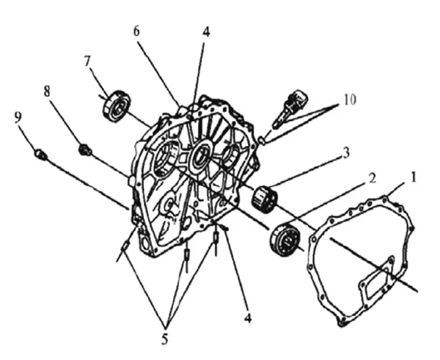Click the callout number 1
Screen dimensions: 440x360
[x=413, y=177]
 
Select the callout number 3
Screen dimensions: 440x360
[x=346, y=153]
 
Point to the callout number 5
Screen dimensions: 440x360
[x=165, y=339]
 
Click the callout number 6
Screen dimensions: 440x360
[x=136, y=31]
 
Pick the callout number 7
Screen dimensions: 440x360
[x=87, y=62]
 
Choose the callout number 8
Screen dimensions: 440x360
[x=47, y=92]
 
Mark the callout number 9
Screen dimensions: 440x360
[x=18, y=117]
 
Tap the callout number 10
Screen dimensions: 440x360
[x=349, y=100]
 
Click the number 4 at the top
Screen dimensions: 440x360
[x=205, y=32]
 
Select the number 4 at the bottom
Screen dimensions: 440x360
[x=248, y=318]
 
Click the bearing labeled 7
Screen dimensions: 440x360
[x=117, y=106]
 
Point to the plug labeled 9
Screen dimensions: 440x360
[x=41, y=155]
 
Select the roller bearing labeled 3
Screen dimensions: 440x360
[x=264, y=199]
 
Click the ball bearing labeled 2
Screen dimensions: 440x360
[x=285, y=239]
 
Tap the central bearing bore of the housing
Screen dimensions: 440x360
[x=200, y=155]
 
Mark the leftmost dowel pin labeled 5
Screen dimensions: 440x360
[x=125, y=246]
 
